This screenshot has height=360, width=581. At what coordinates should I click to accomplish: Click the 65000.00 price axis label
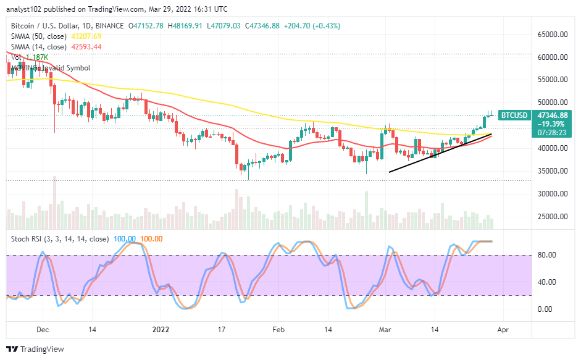tap(552, 35)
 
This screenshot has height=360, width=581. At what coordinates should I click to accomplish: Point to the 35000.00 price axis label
tap(552, 171)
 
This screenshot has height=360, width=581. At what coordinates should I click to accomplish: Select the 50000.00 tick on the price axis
tap(552, 103)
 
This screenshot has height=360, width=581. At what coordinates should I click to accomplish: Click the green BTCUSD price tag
tap(513, 115)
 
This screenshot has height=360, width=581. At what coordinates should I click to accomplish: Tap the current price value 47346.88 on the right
tap(552, 115)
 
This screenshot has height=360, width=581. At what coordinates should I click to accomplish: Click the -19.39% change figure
tap(552, 123)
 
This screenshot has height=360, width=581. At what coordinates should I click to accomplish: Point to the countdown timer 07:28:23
tap(552, 132)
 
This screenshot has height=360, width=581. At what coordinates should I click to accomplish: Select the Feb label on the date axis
tap(279, 330)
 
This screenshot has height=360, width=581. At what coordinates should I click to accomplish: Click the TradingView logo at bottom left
tap(36, 349)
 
